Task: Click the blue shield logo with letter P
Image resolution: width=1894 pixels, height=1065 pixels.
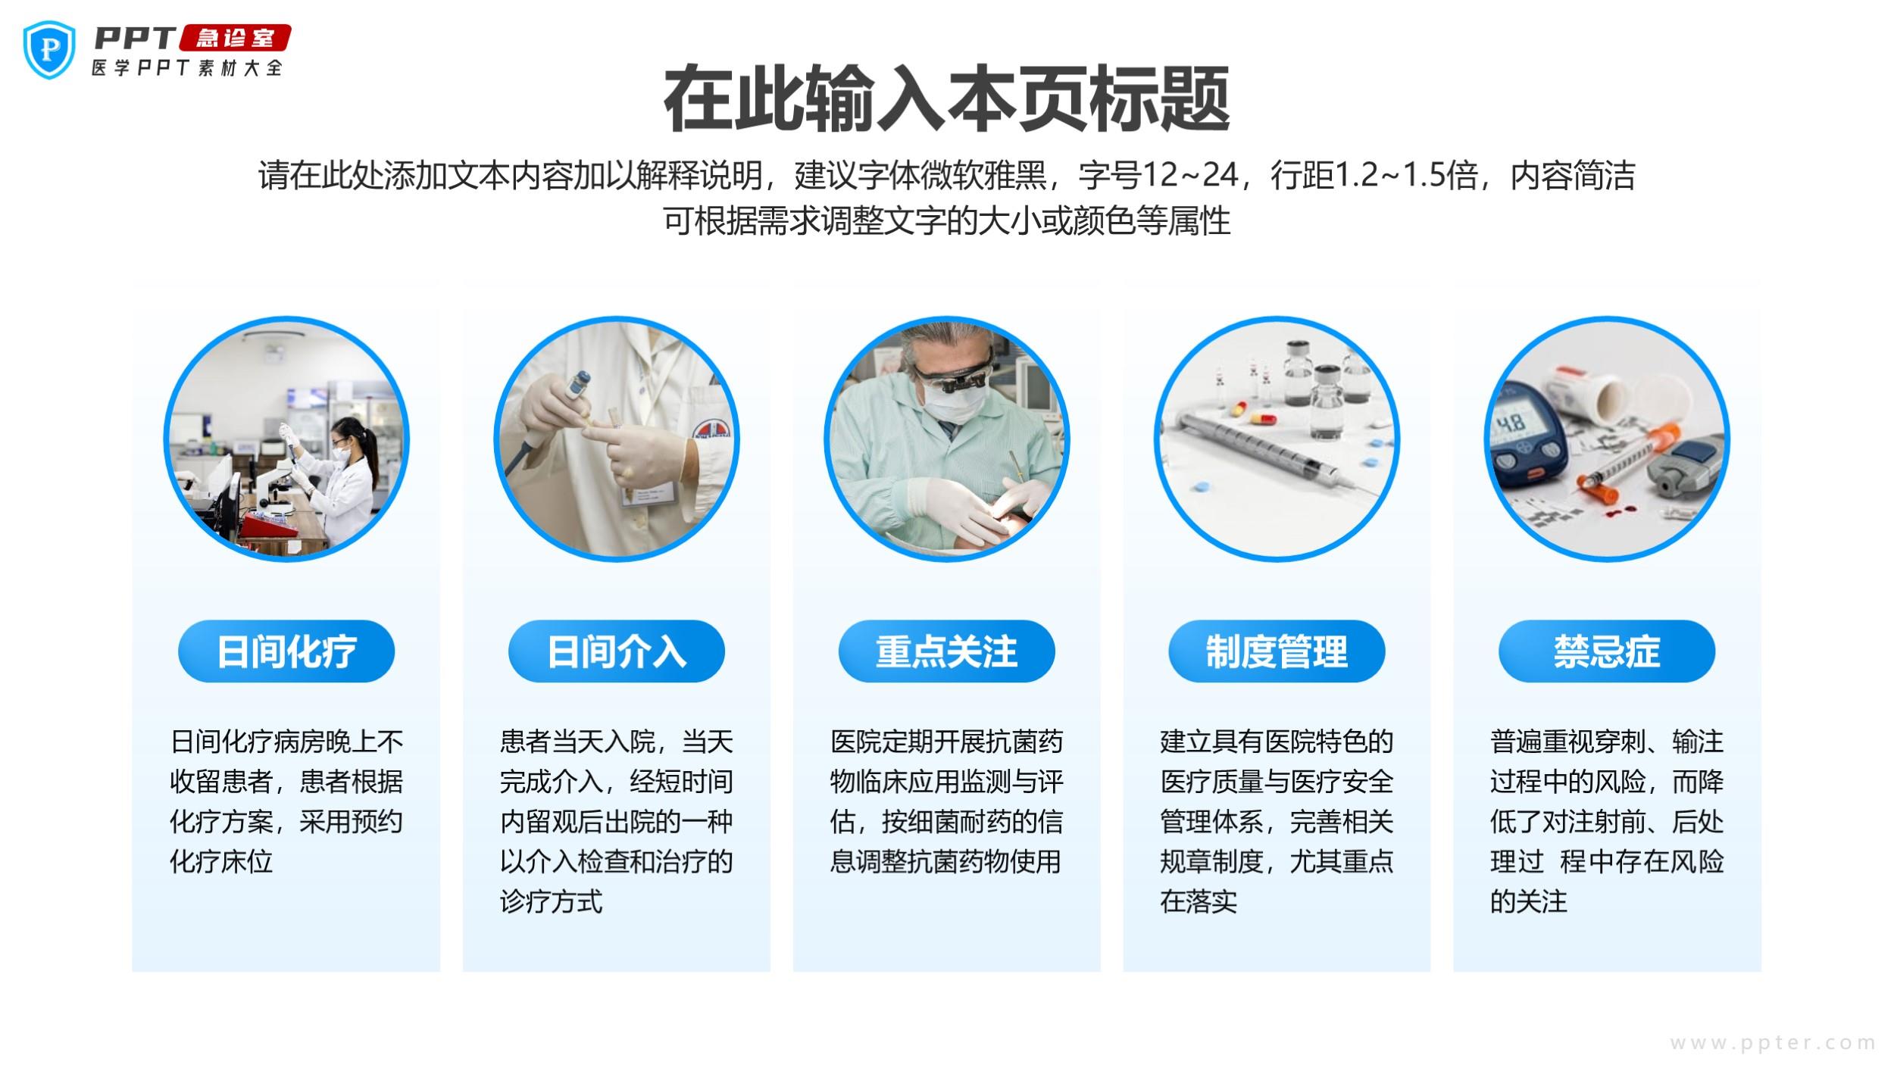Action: pyautogui.click(x=49, y=49)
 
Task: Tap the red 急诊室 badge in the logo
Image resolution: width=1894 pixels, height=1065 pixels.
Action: pyautogui.click(x=235, y=39)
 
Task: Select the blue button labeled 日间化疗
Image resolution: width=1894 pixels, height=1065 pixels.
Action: pyautogui.click(x=286, y=651)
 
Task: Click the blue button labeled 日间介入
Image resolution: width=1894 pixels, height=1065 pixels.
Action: pyautogui.click(x=616, y=651)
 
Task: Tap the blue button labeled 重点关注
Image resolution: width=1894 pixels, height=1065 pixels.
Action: pyautogui.click(x=946, y=651)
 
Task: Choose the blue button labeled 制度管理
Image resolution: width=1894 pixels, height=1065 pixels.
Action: pyautogui.click(x=1277, y=651)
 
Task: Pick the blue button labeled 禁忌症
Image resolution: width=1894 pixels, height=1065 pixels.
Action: pyautogui.click(x=1607, y=651)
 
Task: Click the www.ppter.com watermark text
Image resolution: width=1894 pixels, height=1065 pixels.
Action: pyautogui.click(x=1773, y=1043)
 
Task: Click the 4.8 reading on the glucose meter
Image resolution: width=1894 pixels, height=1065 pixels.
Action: pyautogui.click(x=1510, y=421)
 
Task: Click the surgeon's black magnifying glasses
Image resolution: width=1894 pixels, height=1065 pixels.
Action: pyautogui.click(x=953, y=377)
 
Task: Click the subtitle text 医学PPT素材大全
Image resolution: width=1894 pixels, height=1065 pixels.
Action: pyautogui.click(x=187, y=68)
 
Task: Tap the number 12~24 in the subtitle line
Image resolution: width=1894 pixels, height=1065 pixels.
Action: pyautogui.click(x=1189, y=176)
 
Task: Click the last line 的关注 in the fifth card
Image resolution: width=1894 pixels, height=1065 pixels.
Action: pyautogui.click(x=1528, y=901)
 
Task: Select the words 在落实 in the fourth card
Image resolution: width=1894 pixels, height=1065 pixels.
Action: pyautogui.click(x=1198, y=901)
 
